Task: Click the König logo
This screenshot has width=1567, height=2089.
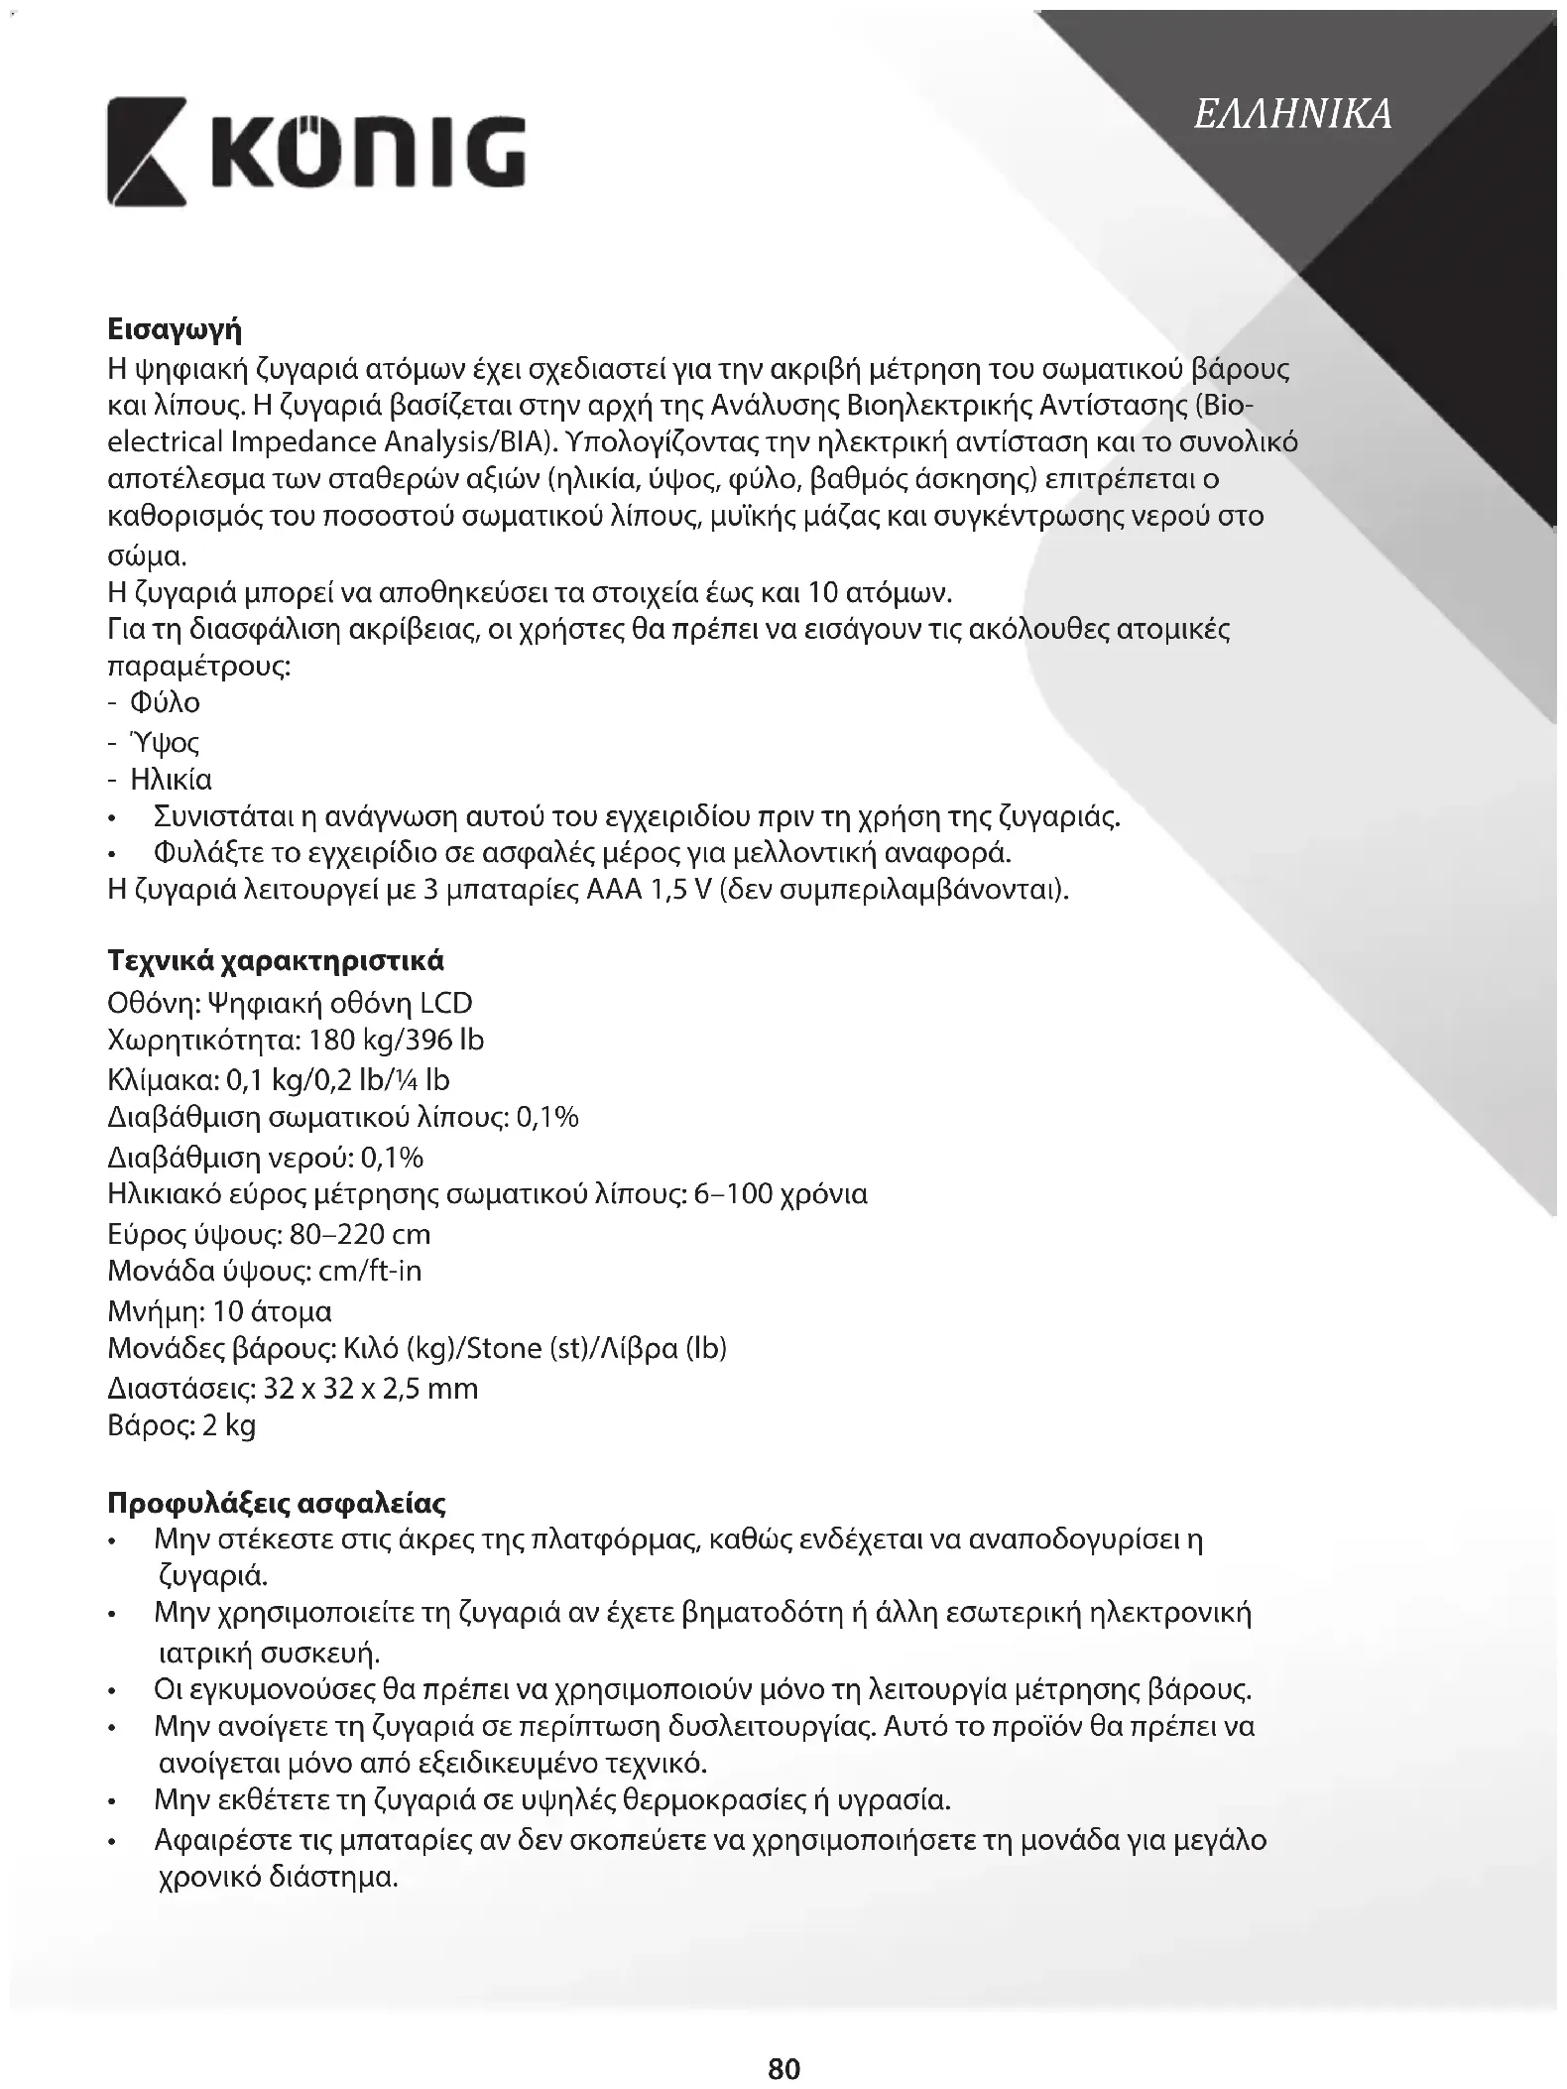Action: (316, 152)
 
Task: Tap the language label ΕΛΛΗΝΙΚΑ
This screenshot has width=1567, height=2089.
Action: (1292, 114)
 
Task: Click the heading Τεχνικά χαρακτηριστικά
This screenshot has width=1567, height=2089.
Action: (275, 961)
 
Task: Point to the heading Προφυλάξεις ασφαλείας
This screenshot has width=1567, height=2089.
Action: (276, 1503)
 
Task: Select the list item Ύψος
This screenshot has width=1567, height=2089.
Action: (165, 742)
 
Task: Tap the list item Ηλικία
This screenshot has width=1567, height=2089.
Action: (171, 780)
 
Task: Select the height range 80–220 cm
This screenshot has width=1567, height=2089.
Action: (361, 1234)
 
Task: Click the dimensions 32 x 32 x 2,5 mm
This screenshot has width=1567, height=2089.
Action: (371, 1388)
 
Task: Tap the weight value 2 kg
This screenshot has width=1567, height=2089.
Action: (229, 1425)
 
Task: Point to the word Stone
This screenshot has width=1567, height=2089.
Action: (503, 1349)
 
